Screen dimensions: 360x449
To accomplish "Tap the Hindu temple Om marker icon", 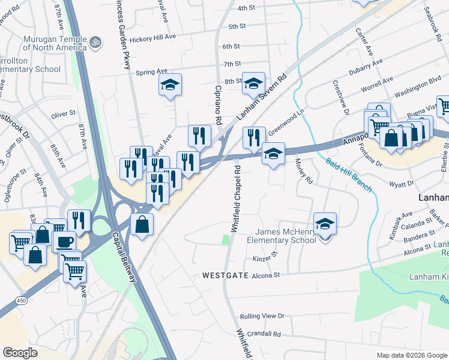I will (95, 43).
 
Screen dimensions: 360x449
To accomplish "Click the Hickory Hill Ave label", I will (155, 37).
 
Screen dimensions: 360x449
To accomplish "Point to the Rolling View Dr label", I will (262, 316).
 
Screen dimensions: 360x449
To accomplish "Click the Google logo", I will (20, 352).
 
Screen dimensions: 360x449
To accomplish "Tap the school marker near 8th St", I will (253, 83).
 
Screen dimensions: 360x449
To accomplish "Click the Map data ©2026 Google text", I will (411, 355).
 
